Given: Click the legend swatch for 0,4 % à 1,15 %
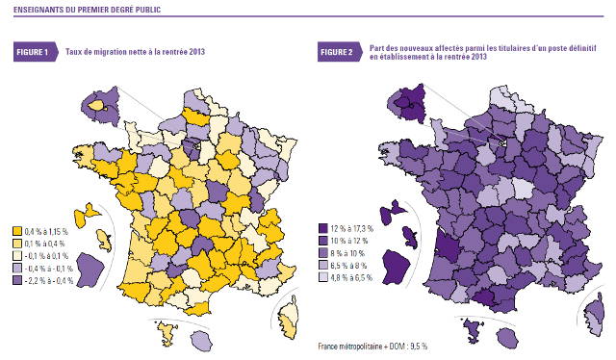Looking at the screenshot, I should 18,231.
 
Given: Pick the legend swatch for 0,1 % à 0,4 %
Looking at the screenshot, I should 18,244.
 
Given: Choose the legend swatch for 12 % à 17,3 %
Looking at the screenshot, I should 322,228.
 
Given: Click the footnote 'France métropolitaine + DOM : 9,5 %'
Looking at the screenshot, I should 372,345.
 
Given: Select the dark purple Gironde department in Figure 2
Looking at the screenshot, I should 446,243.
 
